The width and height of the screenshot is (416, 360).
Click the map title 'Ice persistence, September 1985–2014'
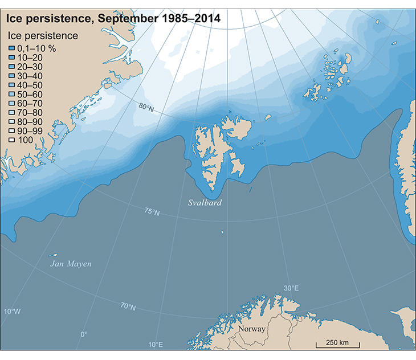click(113, 19)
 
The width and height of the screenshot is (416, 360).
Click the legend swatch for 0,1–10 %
click(11, 48)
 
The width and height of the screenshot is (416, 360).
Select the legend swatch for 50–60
click(11, 94)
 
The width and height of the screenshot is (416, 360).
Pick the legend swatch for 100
click(11, 140)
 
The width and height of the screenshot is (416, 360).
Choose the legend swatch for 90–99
click(11, 130)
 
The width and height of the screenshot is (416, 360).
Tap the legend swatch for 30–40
click(11, 76)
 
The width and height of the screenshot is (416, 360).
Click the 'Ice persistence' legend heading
click(42, 36)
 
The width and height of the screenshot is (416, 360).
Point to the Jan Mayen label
click(70, 264)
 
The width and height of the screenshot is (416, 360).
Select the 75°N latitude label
click(152, 212)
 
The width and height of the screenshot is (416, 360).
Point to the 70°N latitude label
click(128, 308)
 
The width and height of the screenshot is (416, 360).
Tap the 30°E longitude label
click(291, 288)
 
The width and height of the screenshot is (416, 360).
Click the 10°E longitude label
click(156, 345)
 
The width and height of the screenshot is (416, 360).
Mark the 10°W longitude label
click(12, 312)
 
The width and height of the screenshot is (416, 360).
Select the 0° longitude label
click(84, 334)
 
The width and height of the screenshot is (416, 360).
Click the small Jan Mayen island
click(54, 255)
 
